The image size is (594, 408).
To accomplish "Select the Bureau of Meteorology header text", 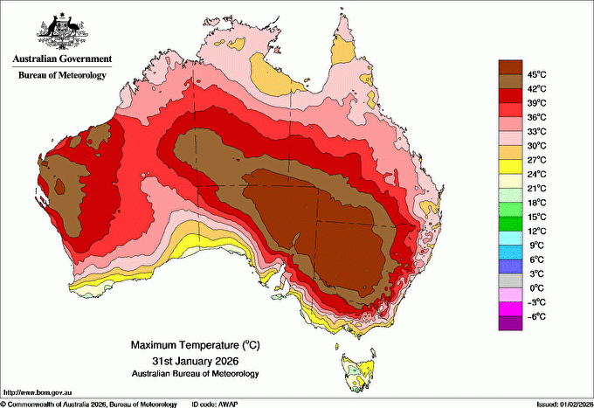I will pyautogui.click(x=62, y=76).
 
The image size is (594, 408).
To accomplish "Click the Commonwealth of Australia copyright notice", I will pyautogui.click(x=87, y=404).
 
